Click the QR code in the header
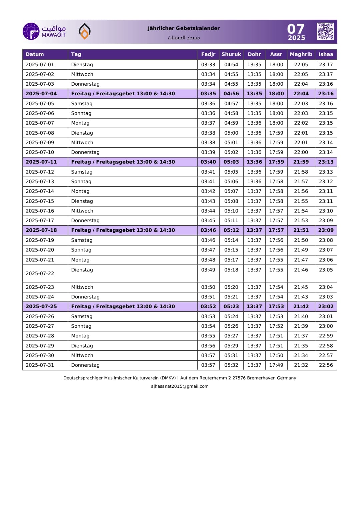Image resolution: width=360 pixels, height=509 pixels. (325, 31)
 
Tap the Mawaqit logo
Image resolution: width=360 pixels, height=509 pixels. (44, 31)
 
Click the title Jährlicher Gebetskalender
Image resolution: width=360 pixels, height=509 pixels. (184, 28)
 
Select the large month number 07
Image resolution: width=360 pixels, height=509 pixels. (296, 29)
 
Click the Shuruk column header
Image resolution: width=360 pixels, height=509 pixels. (231, 54)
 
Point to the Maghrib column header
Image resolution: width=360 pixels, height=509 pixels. (301, 54)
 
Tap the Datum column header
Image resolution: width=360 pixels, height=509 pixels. (35, 54)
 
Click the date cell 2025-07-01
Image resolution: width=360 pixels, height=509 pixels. (40, 65)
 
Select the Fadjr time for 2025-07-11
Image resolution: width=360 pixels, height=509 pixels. (208, 162)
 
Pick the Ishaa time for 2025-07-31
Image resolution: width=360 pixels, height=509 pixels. (326, 365)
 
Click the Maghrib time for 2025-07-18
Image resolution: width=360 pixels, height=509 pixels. (301, 230)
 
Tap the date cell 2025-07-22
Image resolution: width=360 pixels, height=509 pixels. (40, 273)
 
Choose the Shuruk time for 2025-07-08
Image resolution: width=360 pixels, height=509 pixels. (231, 133)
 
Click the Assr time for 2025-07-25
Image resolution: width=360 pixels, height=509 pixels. (276, 306)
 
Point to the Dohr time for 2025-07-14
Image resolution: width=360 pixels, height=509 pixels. (254, 191)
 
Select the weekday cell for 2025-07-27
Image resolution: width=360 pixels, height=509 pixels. (81, 326)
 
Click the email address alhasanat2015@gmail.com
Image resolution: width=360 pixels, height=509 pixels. (180, 386)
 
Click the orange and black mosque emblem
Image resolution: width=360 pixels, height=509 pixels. (85, 31)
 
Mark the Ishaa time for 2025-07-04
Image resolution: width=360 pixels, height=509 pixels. (326, 94)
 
